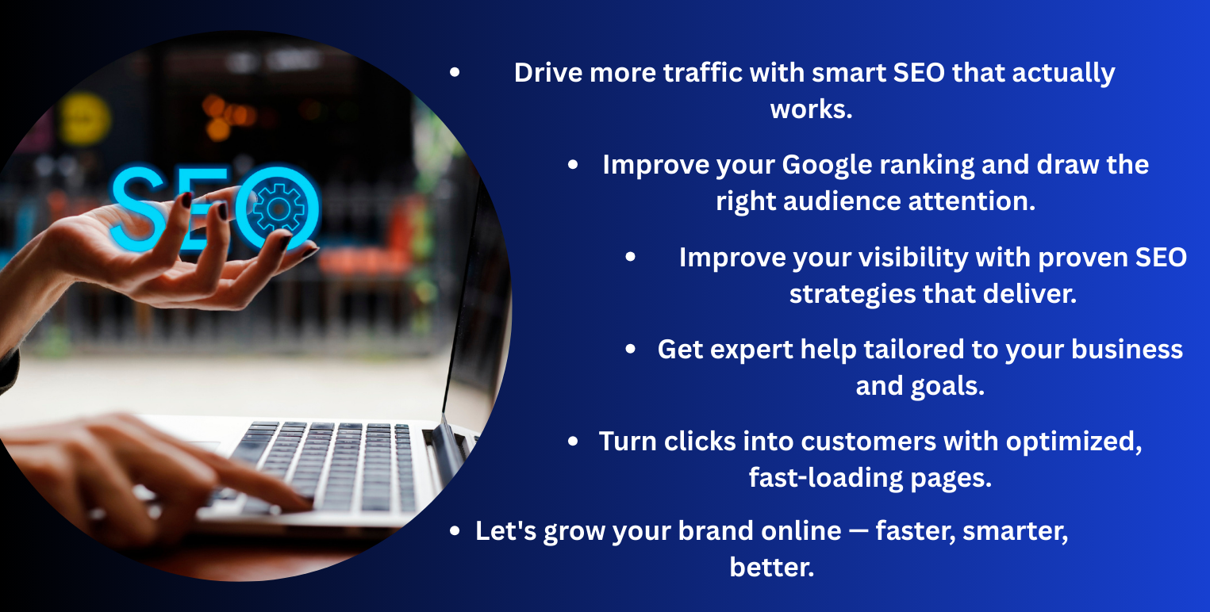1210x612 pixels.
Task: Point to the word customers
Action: coord(869,442)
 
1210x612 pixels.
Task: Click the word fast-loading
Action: coord(826,478)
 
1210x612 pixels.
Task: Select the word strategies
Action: coord(852,294)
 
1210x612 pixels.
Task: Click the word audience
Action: coord(842,201)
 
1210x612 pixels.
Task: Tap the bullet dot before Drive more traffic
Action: coord(455,72)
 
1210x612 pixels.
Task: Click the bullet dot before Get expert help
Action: coord(630,349)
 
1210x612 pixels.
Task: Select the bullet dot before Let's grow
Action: coord(455,531)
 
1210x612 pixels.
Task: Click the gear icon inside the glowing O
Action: coord(278,208)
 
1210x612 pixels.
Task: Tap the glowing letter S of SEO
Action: coord(139,208)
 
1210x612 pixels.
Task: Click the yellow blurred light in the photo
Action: coord(84,119)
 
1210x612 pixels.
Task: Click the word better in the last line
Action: coord(771,567)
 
